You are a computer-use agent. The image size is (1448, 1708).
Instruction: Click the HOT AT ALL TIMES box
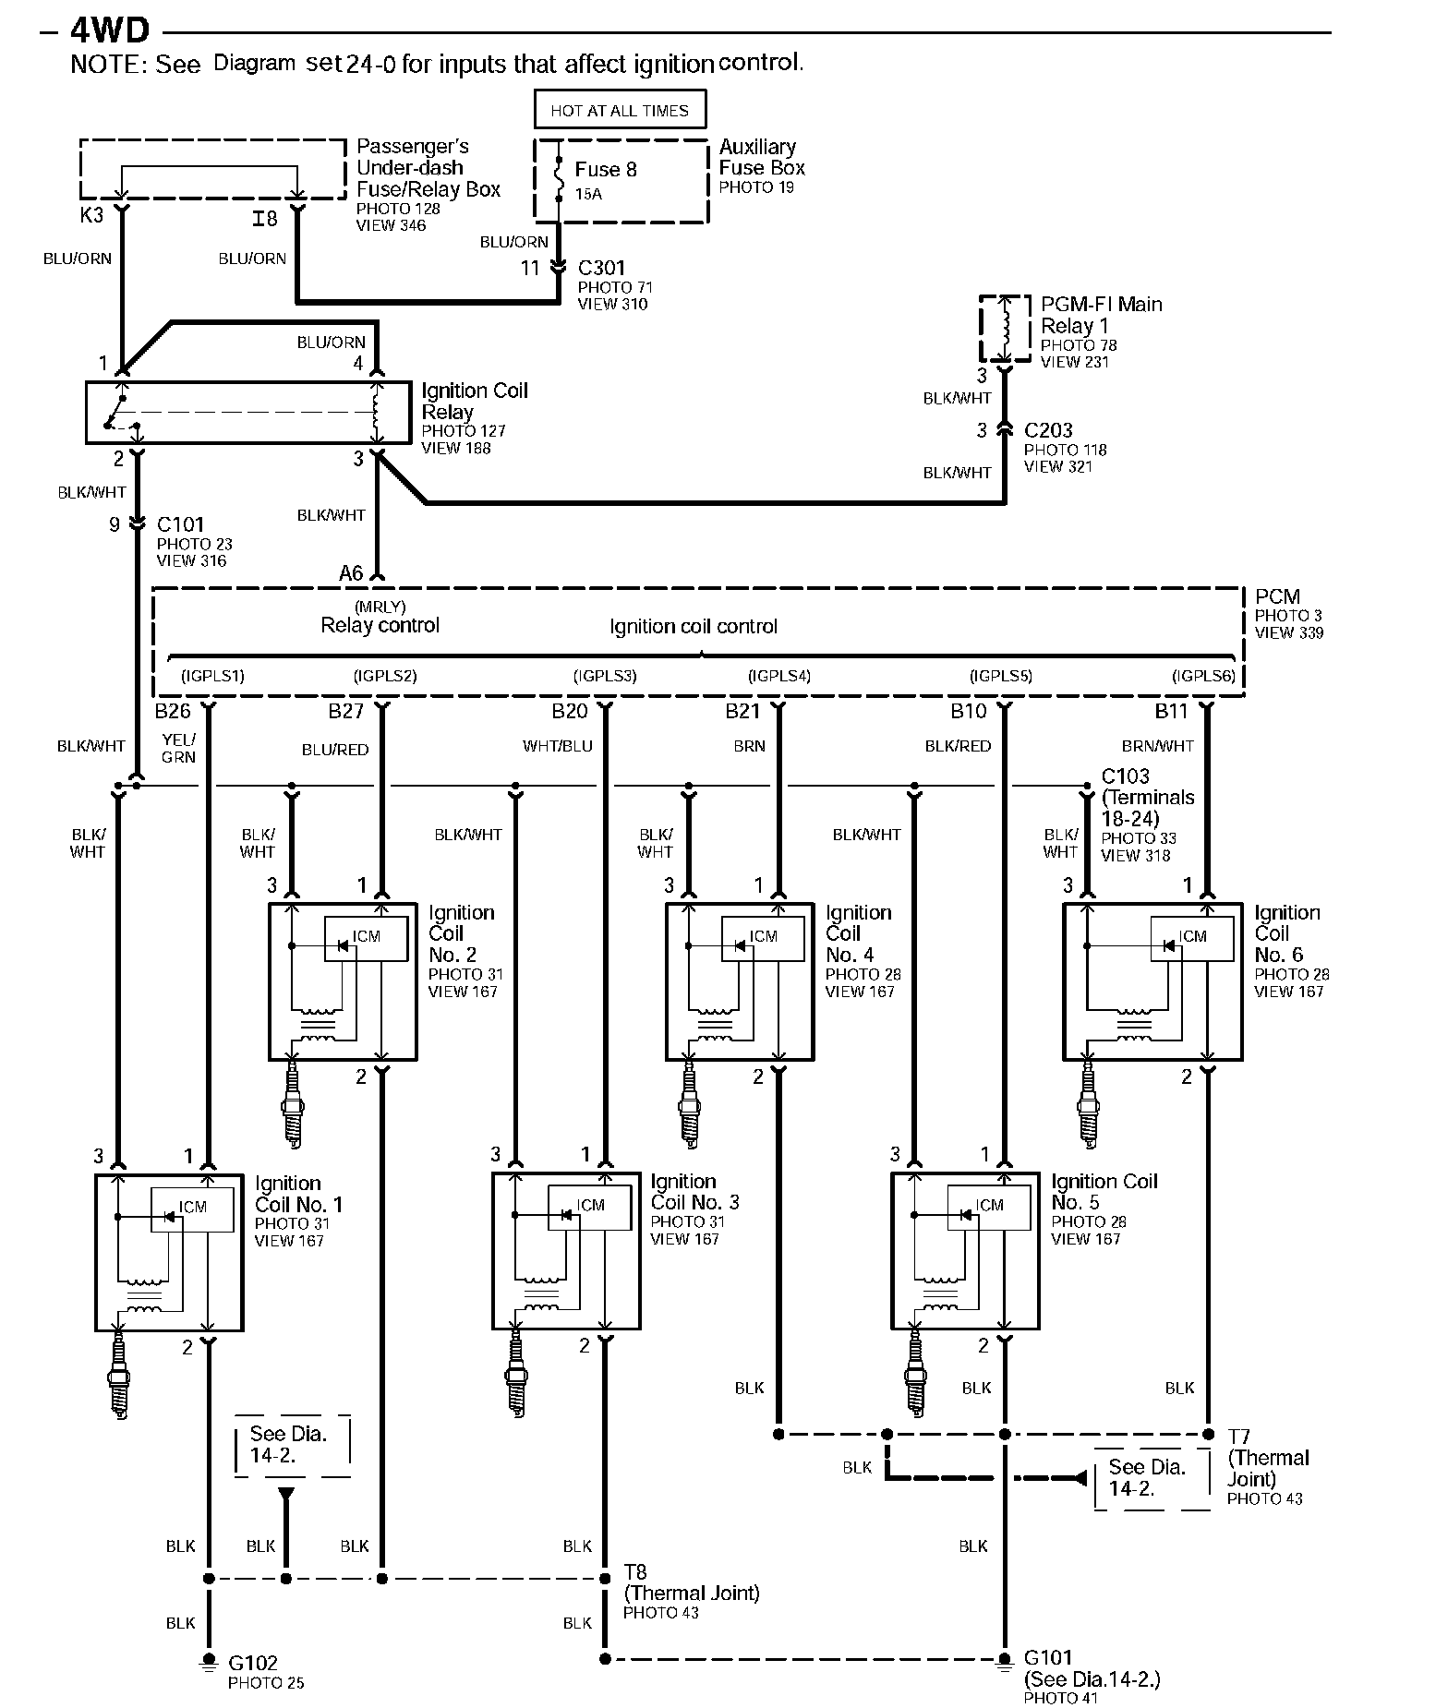(620, 109)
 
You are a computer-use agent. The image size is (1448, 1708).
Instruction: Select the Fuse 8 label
(606, 170)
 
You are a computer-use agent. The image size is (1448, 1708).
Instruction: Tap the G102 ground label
(253, 1663)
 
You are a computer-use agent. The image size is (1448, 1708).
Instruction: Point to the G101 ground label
(1048, 1657)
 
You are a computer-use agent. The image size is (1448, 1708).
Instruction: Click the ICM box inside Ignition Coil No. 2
(366, 939)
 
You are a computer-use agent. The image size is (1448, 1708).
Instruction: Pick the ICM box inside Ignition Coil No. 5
(989, 1208)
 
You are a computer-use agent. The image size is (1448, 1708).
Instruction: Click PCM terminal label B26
(173, 711)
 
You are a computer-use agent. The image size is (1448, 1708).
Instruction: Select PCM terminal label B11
(1171, 711)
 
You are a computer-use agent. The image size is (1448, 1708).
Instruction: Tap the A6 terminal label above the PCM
(351, 573)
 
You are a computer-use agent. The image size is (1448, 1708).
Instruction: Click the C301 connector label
(602, 268)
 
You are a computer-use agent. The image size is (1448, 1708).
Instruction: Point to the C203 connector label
(1049, 430)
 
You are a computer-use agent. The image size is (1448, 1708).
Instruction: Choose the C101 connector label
(181, 524)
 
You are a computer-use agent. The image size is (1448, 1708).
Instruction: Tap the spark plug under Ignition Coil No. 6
(1089, 1103)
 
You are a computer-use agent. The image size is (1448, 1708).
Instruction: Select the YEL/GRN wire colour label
(178, 748)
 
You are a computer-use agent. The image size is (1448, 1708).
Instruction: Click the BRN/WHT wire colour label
(1158, 746)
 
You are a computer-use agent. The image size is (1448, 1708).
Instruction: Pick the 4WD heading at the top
(110, 30)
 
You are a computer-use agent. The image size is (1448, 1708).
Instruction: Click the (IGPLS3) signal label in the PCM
(605, 676)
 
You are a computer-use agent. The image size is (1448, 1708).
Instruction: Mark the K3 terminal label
(91, 215)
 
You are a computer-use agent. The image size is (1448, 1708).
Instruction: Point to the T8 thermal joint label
(635, 1571)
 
